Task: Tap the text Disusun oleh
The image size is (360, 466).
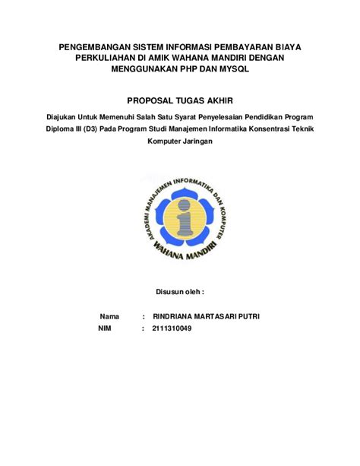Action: click(x=180, y=291)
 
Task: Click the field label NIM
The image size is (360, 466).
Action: click(x=106, y=328)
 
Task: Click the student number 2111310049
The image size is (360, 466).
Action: click(x=172, y=328)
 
